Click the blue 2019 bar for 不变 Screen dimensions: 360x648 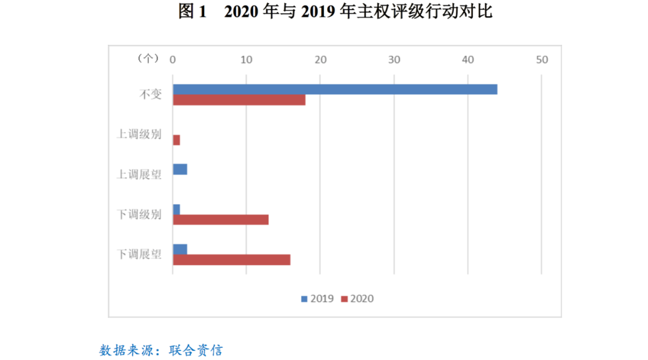pyautogui.click(x=335, y=89)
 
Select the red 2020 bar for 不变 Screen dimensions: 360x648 pyautogui.click(x=239, y=100)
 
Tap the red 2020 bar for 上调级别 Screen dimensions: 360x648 pyautogui.click(x=176, y=140)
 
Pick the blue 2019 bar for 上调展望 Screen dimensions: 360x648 pyautogui.click(x=180, y=169)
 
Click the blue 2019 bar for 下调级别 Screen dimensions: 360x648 pyautogui.click(x=176, y=209)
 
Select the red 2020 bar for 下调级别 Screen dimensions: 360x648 pyautogui.click(x=221, y=220)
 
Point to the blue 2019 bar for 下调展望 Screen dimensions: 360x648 pyautogui.click(x=180, y=250)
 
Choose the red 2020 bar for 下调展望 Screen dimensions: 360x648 pyautogui.click(x=232, y=260)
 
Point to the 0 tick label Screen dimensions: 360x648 pyautogui.click(x=173, y=59)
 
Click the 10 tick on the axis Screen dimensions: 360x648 pyautogui.click(x=246, y=59)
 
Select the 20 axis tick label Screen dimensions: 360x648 pyautogui.click(x=320, y=59)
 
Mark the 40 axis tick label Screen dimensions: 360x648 pyautogui.click(x=468, y=59)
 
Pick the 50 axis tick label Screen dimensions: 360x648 pyautogui.click(x=542, y=59)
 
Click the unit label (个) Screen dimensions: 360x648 pyautogui.click(x=148, y=58)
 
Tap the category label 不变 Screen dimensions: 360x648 pyautogui.click(x=151, y=94)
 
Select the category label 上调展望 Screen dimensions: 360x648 pyautogui.click(x=139, y=175)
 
